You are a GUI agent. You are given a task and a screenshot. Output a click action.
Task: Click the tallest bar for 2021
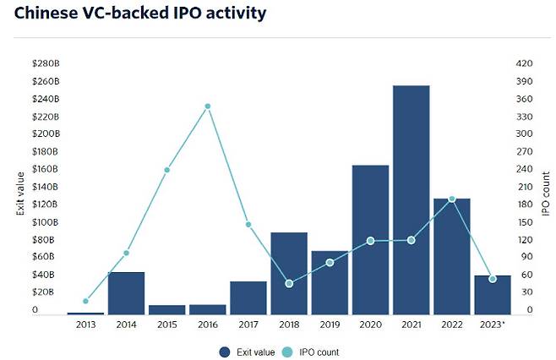click(x=411, y=199)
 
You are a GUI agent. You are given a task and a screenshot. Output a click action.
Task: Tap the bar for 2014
click(x=126, y=292)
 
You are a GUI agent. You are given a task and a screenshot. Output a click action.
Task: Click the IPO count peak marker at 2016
click(x=207, y=106)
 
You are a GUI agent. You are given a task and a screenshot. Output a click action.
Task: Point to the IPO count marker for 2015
click(x=166, y=170)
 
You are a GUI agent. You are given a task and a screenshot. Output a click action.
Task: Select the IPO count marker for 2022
click(x=451, y=199)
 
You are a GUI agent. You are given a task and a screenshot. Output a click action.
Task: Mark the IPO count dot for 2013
click(x=85, y=301)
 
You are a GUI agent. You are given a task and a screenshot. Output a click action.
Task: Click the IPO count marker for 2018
click(x=289, y=283)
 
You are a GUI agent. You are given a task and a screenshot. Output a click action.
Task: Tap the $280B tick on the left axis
click(x=46, y=63)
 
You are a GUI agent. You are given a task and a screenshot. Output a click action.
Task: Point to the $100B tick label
click(x=46, y=222)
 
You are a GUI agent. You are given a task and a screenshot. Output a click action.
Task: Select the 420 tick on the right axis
click(x=524, y=63)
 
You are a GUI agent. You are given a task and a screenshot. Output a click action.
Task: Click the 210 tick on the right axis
click(x=524, y=187)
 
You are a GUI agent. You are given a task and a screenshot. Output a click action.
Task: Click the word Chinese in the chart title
click(x=46, y=14)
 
